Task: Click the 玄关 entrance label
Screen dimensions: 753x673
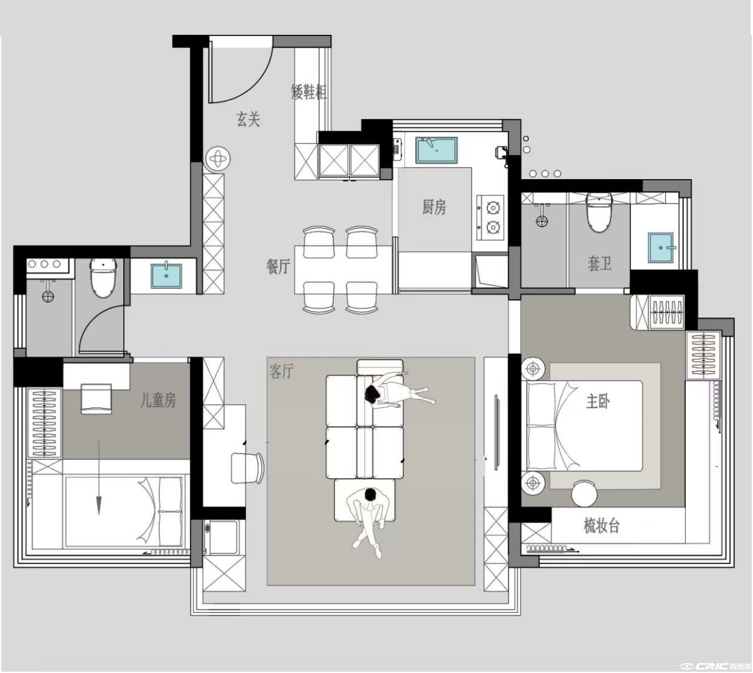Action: point(248,119)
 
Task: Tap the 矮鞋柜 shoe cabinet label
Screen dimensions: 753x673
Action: point(309,91)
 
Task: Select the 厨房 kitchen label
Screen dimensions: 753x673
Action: point(434,207)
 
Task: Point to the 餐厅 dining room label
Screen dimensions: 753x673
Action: point(278,266)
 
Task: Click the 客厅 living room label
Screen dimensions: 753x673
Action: point(281,371)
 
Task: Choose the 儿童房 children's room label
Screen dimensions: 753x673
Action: point(158,400)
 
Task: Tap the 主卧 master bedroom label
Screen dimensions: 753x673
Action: point(597,401)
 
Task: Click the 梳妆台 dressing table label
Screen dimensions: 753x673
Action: point(601,526)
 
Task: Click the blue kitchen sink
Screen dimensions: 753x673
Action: point(437,150)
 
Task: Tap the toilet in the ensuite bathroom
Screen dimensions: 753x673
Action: point(599,213)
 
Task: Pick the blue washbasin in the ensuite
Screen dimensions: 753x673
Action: point(661,248)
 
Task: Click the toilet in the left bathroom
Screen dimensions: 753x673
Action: point(103,278)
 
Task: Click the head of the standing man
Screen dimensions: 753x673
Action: point(370,494)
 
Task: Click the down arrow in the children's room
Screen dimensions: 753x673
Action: point(99,478)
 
